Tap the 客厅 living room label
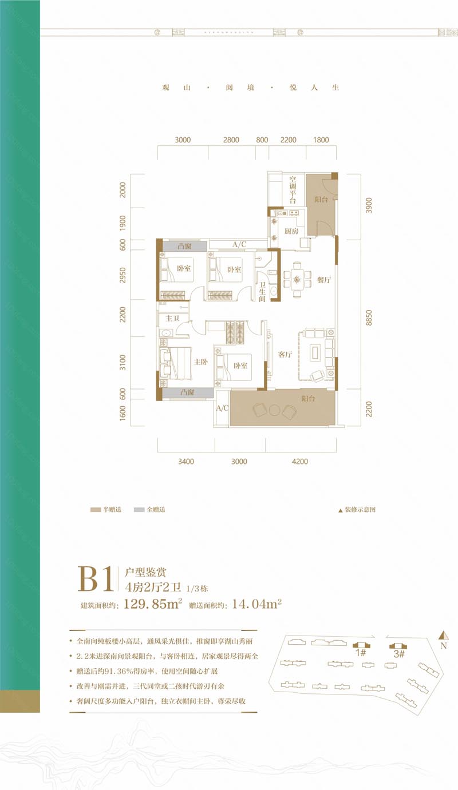pyautogui.click(x=285, y=354)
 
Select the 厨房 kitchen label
pyautogui.click(x=290, y=231)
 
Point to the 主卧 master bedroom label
pyautogui.click(x=200, y=362)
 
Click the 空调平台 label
pyautogui.click(x=292, y=190)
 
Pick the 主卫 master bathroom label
pyautogui.click(x=172, y=318)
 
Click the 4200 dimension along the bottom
pyautogui.click(x=299, y=461)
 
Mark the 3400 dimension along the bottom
pyautogui.click(x=186, y=461)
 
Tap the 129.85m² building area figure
pyautogui.click(x=152, y=604)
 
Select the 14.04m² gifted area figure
pyautogui.click(x=257, y=604)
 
